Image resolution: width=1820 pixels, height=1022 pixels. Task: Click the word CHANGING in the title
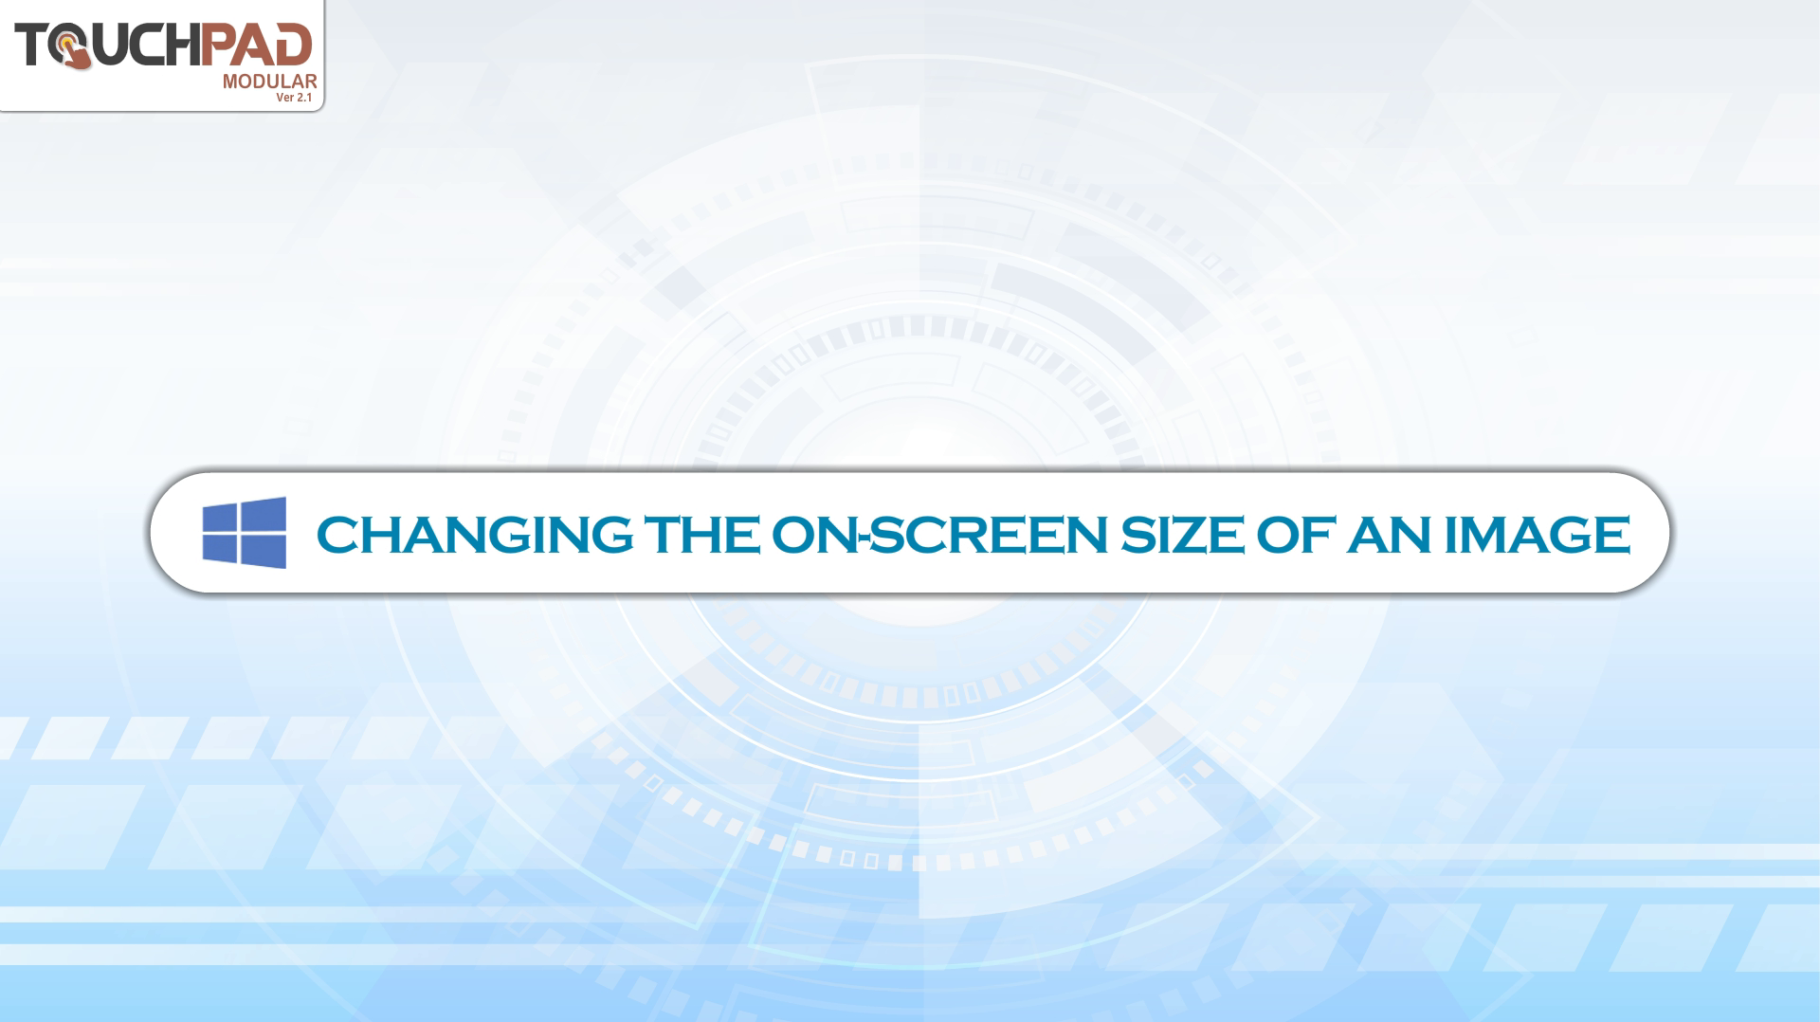click(475, 535)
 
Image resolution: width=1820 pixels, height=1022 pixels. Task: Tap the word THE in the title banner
click(701, 535)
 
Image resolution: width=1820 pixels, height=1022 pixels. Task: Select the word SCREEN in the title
click(989, 535)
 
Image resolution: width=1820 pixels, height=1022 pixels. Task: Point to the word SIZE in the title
click(1182, 535)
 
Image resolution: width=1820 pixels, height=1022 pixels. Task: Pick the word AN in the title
click(1390, 535)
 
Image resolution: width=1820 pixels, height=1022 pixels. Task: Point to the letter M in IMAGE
click(1487, 535)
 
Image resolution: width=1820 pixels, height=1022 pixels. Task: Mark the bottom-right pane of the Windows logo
click(264, 552)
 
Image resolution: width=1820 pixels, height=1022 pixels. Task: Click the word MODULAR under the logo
click(269, 82)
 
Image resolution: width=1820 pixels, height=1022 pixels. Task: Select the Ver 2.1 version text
click(294, 98)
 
